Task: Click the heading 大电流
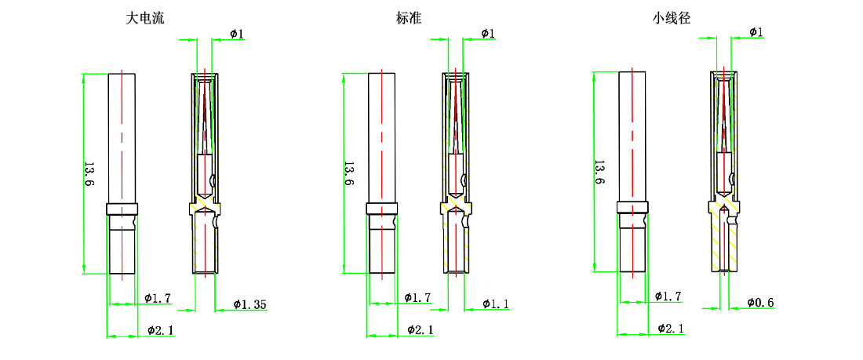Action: pos(145,17)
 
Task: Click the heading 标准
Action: pos(410,17)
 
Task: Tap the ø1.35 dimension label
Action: pos(250,304)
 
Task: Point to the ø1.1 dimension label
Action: pos(496,304)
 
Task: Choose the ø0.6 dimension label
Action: pos(760,303)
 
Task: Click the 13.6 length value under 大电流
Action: pos(89,173)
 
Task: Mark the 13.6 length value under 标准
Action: pos(348,173)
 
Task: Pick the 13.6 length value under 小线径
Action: pos(599,173)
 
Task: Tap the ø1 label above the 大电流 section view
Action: pos(237,34)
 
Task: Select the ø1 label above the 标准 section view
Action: pos(487,33)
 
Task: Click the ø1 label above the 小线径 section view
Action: pos(756,32)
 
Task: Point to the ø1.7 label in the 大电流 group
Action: pos(158,298)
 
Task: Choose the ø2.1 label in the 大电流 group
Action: pos(161,330)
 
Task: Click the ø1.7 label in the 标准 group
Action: pos(417,298)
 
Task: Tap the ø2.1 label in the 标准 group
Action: pos(421,330)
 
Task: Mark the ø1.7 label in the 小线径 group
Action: pos(668,296)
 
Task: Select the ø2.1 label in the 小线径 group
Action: pos(672,328)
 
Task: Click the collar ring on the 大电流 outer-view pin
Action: pos(122,209)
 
